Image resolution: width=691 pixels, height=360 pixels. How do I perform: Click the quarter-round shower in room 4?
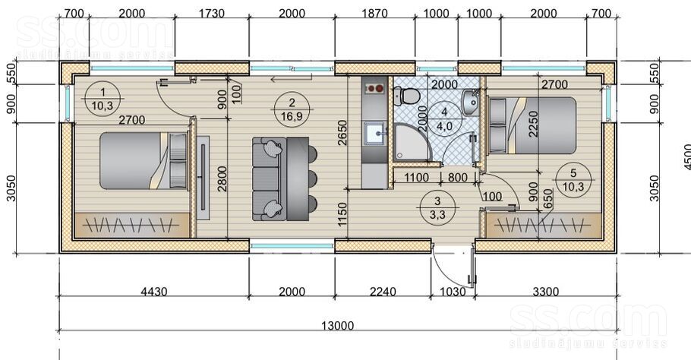[x=412, y=142]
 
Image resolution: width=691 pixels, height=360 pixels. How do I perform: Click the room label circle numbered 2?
[x=292, y=109]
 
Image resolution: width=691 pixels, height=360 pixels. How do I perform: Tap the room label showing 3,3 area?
[x=437, y=207]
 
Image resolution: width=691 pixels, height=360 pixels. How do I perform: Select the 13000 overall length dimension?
[x=337, y=326]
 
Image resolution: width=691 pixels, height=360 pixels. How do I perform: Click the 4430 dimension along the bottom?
[x=154, y=291]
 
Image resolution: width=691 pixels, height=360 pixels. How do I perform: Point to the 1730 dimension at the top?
[x=212, y=13]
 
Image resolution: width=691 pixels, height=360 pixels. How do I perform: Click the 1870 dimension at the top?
[x=374, y=13]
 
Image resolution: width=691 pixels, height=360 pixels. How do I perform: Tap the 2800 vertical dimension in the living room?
[x=222, y=178]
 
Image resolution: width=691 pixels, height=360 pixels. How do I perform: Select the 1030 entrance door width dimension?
[x=453, y=291]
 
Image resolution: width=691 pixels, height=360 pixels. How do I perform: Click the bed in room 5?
[x=532, y=125]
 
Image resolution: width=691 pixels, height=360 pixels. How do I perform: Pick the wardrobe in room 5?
[x=544, y=226]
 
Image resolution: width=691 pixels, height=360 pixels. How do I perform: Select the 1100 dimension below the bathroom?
[x=416, y=178]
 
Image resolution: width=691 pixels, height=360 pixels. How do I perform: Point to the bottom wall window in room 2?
[x=292, y=245]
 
